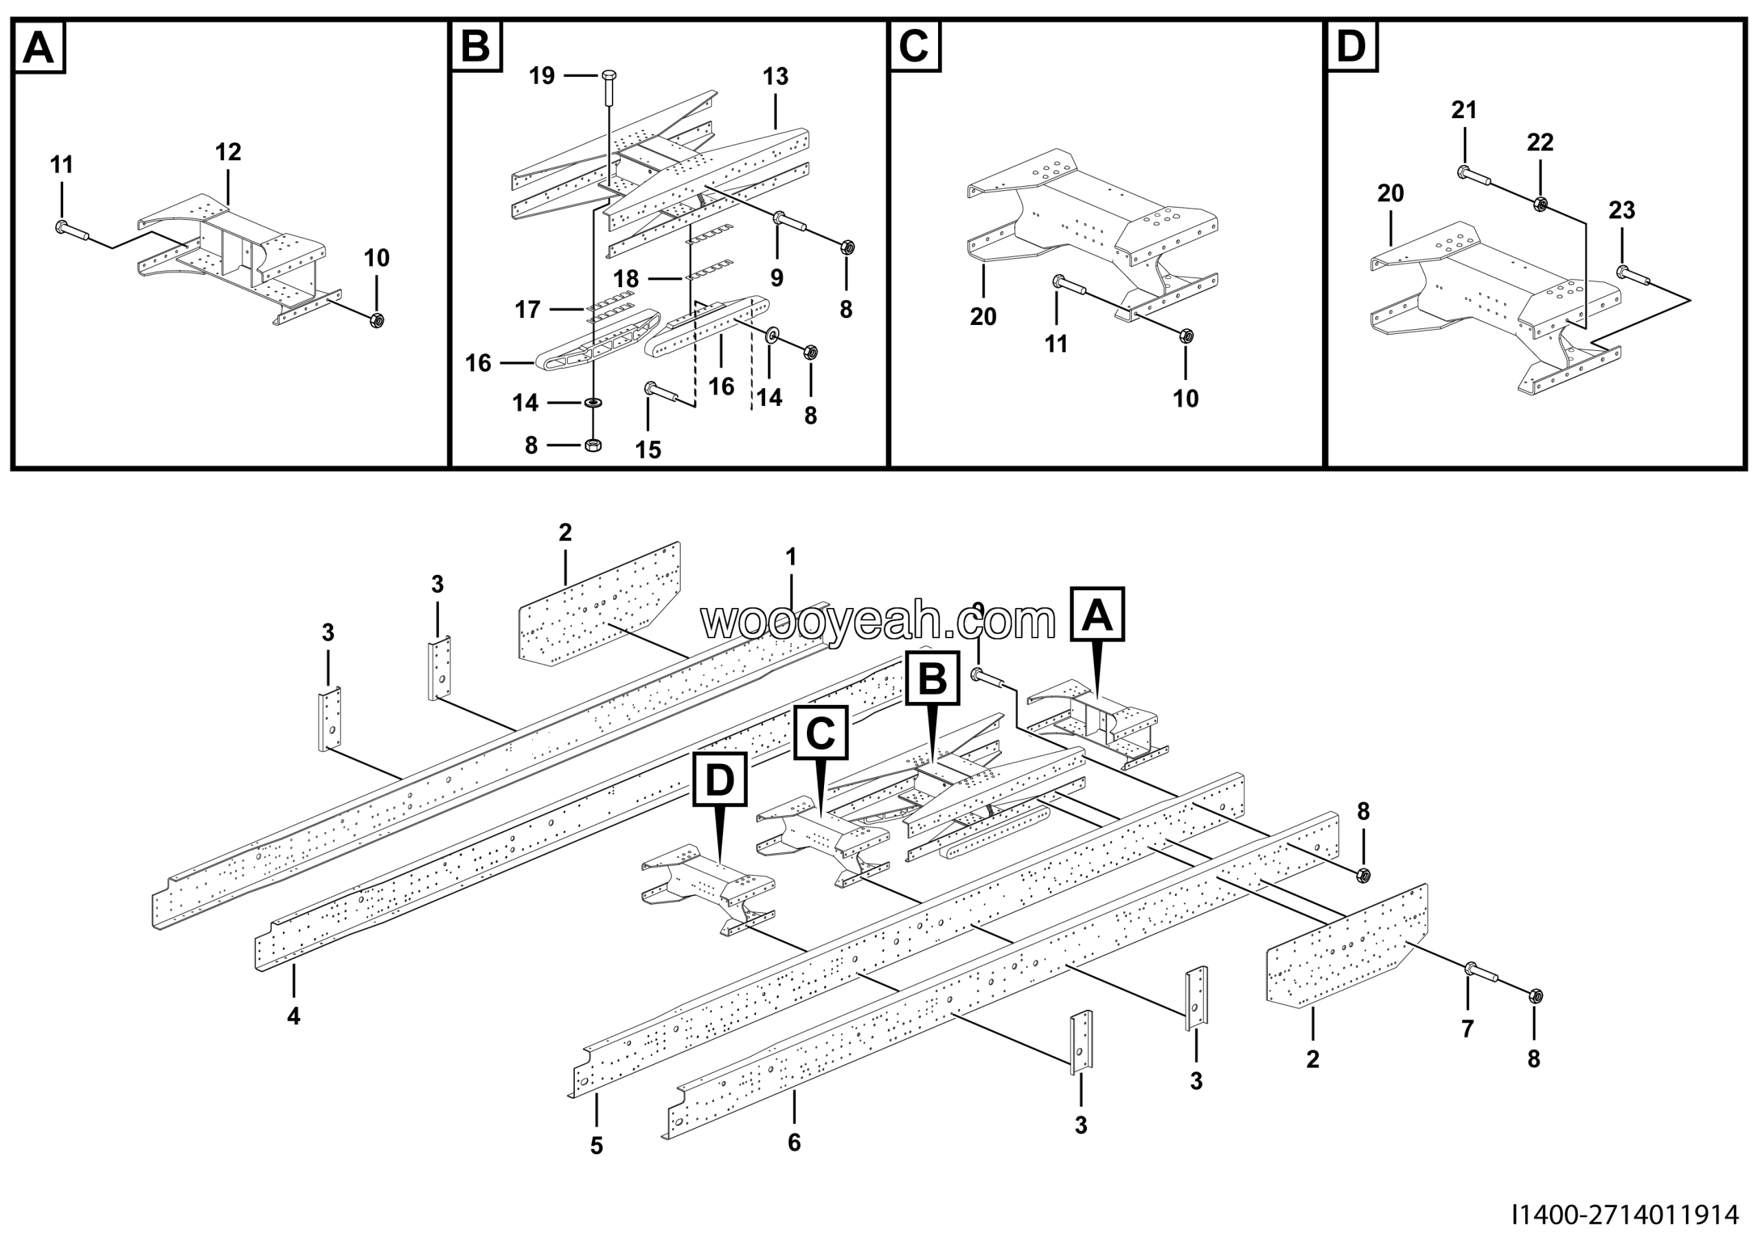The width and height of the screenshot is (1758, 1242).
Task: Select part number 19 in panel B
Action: click(542, 76)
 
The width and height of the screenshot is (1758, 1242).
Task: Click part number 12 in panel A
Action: click(228, 152)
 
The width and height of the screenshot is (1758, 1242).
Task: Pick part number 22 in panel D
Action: click(1540, 142)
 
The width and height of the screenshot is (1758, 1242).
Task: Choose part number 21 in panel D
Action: click(1464, 111)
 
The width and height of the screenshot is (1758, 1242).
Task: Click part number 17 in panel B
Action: click(527, 309)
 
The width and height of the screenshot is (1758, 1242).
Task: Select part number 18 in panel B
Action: click(626, 278)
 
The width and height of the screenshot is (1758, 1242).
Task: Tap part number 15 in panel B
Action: click(648, 449)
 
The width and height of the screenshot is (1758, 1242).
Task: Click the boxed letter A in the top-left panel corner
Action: click(39, 47)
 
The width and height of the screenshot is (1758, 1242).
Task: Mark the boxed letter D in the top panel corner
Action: click(1351, 47)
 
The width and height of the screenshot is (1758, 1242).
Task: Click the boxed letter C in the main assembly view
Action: click(821, 733)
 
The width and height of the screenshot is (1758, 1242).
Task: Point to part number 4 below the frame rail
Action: click(294, 1017)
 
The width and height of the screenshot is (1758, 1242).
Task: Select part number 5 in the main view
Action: click(597, 1147)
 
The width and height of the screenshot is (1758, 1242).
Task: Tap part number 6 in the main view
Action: click(794, 1142)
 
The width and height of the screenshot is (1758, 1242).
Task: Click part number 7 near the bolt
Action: click(1467, 1029)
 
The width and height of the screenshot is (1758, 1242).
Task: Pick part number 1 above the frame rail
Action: click(791, 556)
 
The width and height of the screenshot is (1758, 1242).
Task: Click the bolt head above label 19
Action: click(610, 76)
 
